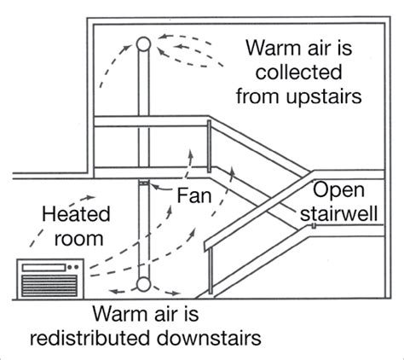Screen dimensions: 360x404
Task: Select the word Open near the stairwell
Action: pos(335,189)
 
